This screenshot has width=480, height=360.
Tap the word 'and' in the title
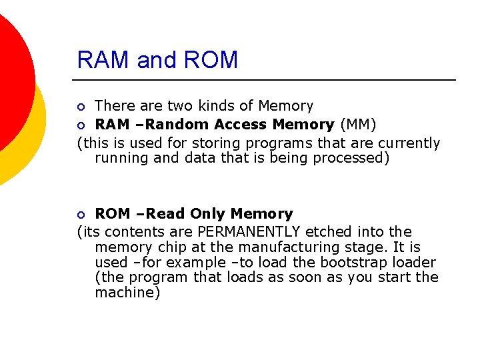point(155,60)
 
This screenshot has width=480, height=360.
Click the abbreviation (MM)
point(358,125)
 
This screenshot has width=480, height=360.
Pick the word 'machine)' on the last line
point(127,293)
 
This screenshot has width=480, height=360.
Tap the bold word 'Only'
point(207,214)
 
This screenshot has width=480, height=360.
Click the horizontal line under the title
point(267,80)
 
